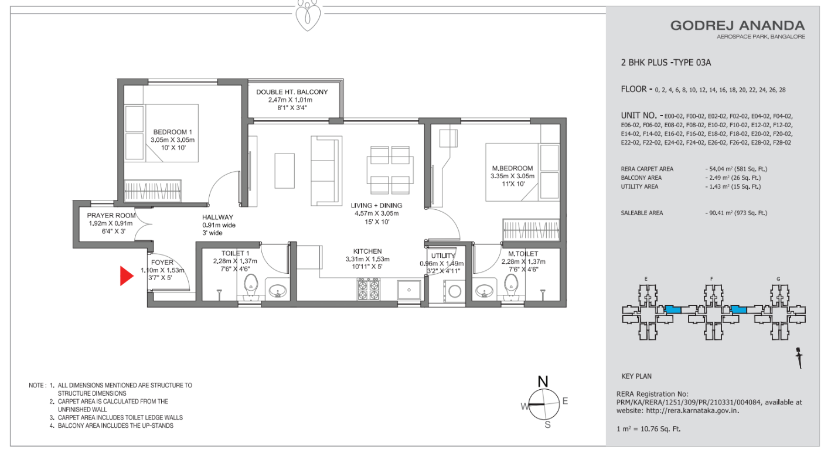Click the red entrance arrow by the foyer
pos(126,276)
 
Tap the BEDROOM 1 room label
pos(172,132)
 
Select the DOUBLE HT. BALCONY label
pos(292,92)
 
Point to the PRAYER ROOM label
pos(111,215)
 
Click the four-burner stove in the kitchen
pos(369,289)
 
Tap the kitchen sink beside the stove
pos(409,290)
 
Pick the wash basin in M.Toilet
pos(483,291)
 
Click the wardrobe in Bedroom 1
pos(152,190)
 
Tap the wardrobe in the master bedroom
pos(531,229)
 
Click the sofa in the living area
pos(326,171)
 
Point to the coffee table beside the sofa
pos(285,171)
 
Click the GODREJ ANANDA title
pos(737,26)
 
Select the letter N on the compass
pos(543,382)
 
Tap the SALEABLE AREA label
pos(642,213)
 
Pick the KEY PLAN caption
pos(636,376)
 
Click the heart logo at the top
pos(308,15)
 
